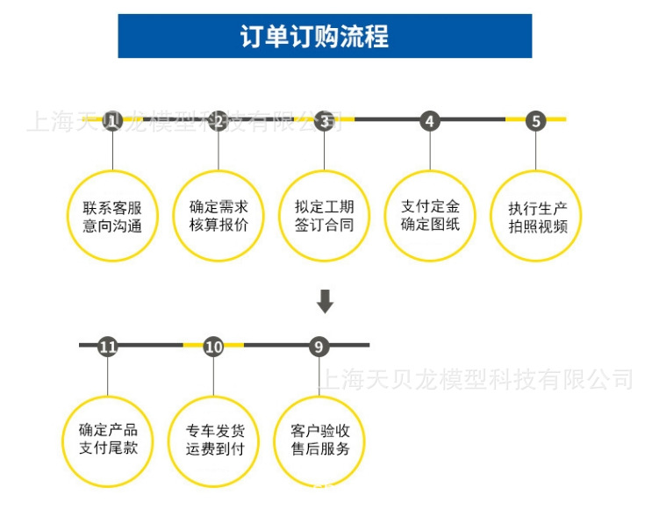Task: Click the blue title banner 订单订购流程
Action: click(325, 37)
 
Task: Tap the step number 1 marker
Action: click(111, 120)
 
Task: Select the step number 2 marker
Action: click(218, 120)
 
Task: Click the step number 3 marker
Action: click(326, 120)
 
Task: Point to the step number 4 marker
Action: click(429, 120)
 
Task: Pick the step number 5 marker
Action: click(536, 120)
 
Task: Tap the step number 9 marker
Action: click(319, 347)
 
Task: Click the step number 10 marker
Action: click(214, 347)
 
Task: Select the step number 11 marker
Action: click(108, 347)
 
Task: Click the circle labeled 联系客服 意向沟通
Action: click(112, 216)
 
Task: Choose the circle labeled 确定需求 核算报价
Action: click(218, 216)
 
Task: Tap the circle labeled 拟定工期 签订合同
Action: click(325, 216)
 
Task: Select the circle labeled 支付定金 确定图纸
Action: click(430, 216)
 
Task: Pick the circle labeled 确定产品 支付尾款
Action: click(108, 441)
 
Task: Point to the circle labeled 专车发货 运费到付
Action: click(214, 441)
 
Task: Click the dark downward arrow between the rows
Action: click(325, 301)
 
